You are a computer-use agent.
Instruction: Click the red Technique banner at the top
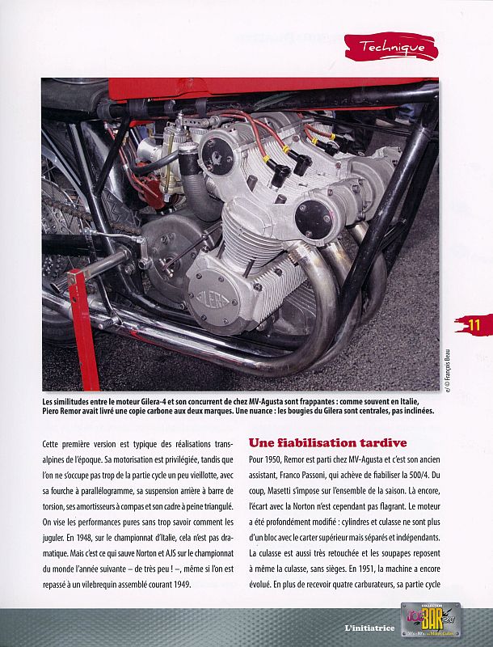click(391, 47)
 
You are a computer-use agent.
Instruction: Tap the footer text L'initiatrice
click(369, 628)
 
